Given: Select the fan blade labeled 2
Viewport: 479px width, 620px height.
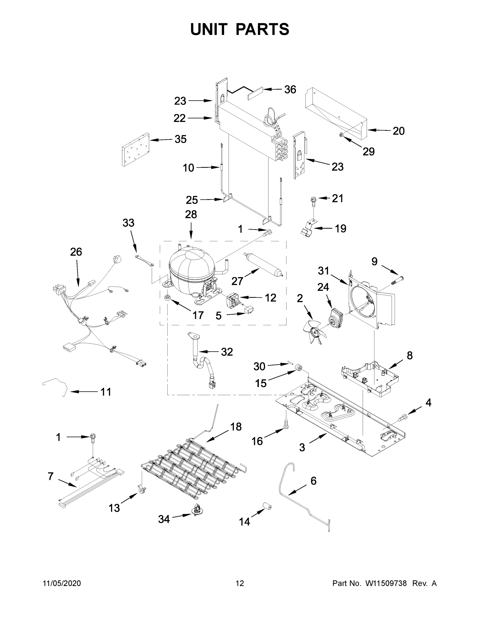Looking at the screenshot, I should (x=315, y=331).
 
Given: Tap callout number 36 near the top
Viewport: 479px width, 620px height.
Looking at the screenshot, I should (x=290, y=89).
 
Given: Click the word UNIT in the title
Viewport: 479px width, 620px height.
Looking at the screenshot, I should (x=209, y=29).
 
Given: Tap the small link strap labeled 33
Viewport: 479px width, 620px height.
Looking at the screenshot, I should (x=144, y=260).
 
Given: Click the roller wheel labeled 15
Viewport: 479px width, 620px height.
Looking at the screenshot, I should (x=299, y=368).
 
